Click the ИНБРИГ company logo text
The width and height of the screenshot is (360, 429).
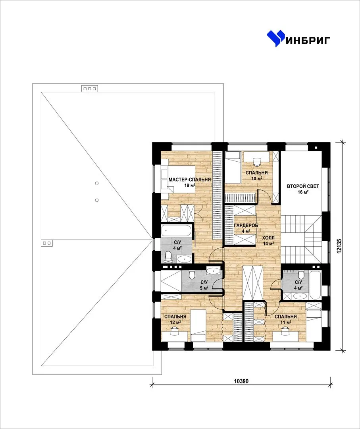click(308, 40)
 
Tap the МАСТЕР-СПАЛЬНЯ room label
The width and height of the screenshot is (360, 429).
click(190, 180)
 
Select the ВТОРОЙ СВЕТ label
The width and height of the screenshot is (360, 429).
click(303, 186)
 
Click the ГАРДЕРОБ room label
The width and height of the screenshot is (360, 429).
click(246, 226)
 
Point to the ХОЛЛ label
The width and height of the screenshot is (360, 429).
click(268, 238)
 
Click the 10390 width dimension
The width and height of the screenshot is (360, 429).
click(241, 381)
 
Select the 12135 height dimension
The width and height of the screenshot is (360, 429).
click(339, 246)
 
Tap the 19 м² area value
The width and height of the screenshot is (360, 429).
click(190, 186)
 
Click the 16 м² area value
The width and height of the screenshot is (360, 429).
click(303, 192)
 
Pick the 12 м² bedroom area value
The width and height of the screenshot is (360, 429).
click(175, 322)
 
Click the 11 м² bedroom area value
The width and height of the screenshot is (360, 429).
click(286, 322)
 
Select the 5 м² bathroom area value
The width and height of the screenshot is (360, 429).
click(204, 288)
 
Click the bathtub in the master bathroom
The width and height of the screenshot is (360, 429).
click(176, 231)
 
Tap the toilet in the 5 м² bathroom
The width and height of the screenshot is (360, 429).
click(192, 274)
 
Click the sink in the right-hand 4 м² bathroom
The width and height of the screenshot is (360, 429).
click(300, 296)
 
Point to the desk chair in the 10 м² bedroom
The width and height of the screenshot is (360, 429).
click(257, 162)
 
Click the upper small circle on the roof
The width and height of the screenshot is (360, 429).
click(97, 183)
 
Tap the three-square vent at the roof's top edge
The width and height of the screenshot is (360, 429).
click(90, 89)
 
